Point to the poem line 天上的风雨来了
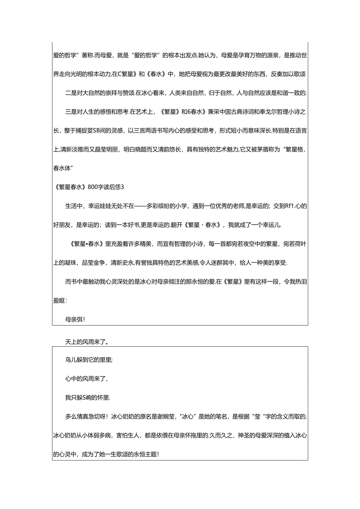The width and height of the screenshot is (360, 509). (86, 342)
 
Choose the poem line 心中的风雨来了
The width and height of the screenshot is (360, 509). (86, 379)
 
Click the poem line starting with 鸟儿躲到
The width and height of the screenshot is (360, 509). (89, 360)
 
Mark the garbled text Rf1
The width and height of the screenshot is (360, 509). (291, 206)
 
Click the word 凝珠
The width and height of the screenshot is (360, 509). (67, 263)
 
